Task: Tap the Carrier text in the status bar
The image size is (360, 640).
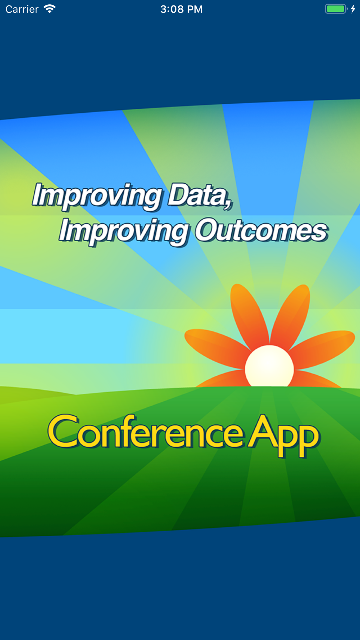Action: click(22, 9)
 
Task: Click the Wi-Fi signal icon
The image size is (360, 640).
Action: click(49, 9)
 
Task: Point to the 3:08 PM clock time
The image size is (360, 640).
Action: click(181, 9)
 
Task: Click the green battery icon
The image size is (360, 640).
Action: click(336, 9)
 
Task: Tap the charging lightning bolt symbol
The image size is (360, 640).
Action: click(353, 9)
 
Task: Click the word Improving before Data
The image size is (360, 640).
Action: click(97, 196)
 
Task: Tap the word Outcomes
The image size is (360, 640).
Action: click(261, 230)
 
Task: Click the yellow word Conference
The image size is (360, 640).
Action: click(146, 432)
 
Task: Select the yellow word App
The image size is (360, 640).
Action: click(283, 435)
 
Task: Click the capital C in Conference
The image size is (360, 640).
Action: click(63, 431)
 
